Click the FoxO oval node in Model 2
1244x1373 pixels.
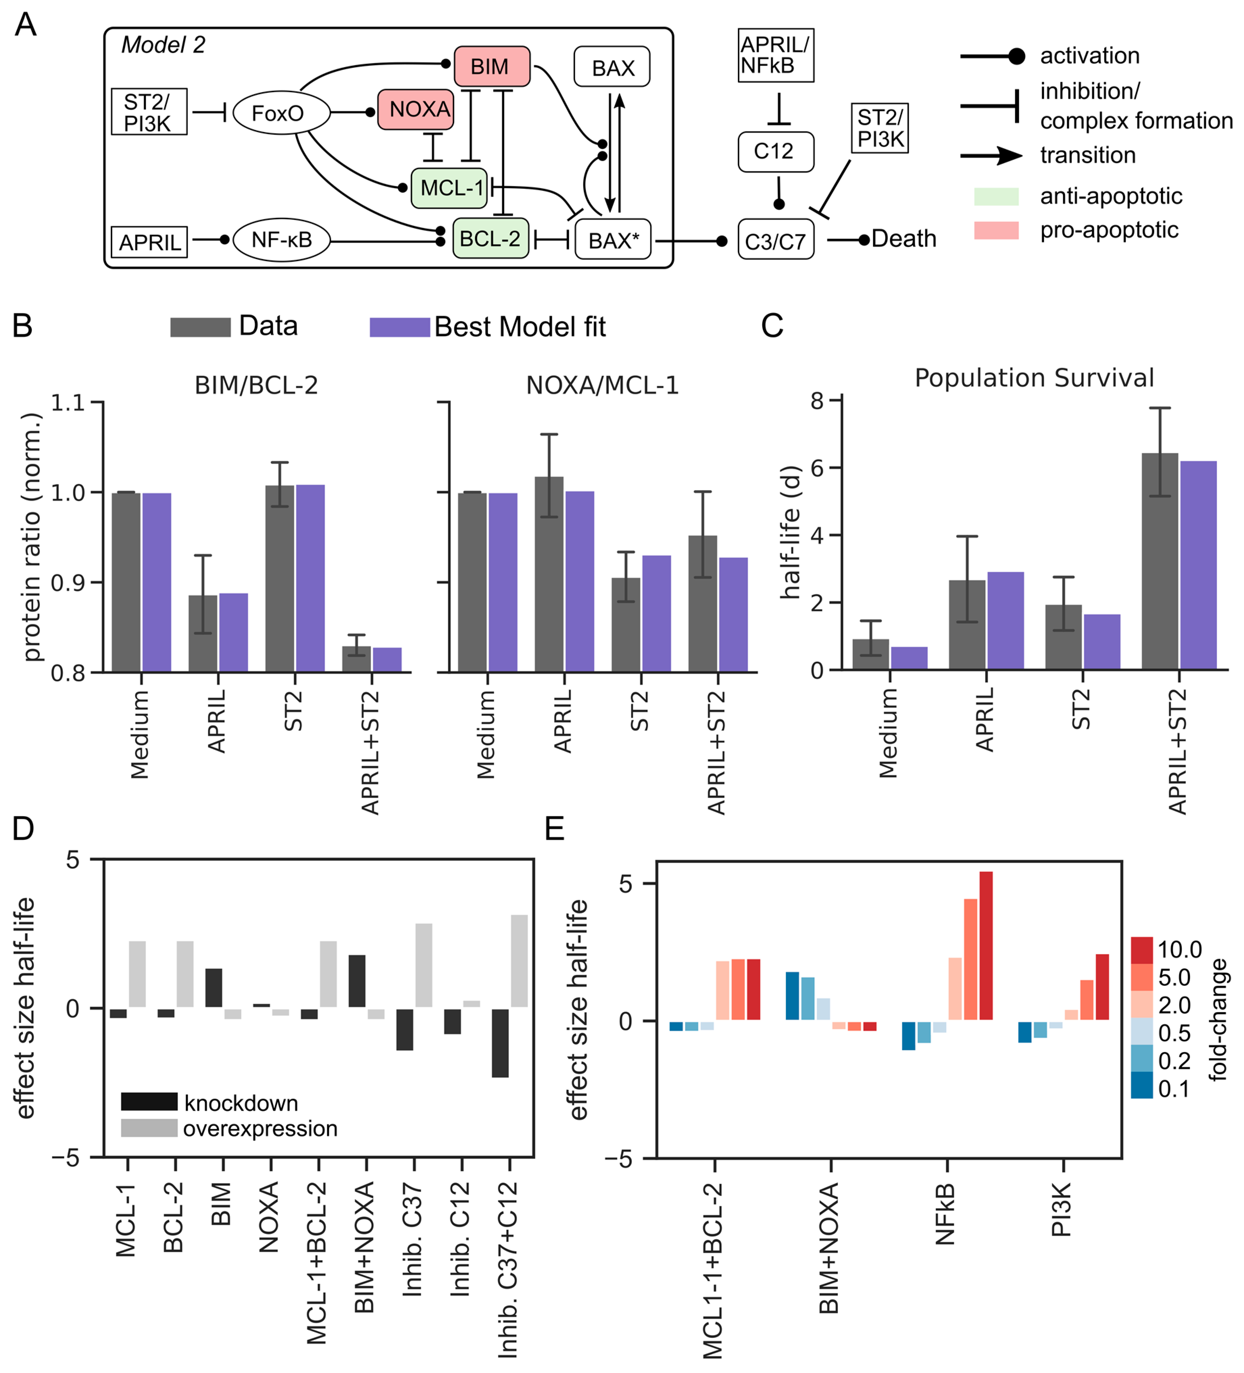(x=281, y=113)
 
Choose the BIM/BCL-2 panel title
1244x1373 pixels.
(x=256, y=385)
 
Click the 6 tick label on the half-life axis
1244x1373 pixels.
(x=817, y=468)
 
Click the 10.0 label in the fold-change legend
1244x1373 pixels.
(x=1179, y=949)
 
